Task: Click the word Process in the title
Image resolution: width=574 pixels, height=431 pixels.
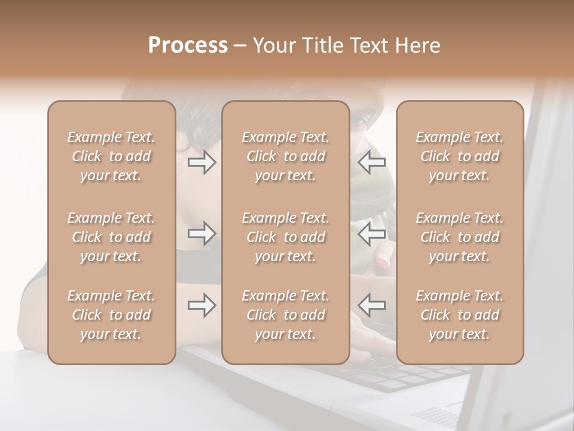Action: [188, 45]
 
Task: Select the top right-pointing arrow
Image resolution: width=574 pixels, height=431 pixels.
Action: [201, 162]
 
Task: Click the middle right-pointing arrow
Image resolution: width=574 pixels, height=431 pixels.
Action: [201, 234]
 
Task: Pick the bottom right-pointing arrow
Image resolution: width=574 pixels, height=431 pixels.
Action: [201, 305]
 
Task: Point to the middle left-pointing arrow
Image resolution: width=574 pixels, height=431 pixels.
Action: [372, 234]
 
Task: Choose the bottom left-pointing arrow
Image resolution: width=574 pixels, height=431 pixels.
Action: [372, 305]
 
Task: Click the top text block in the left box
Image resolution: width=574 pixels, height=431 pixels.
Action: [111, 156]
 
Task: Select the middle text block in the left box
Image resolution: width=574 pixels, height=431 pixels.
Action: [111, 237]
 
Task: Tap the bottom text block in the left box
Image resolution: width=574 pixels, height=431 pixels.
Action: [111, 315]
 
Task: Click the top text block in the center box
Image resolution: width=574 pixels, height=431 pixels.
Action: [286, 156]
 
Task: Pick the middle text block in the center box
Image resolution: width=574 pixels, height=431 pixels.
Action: [286, 237]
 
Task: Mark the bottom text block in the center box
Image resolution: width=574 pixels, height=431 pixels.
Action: [286, 315]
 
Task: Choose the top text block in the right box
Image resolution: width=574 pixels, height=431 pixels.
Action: [460, 156]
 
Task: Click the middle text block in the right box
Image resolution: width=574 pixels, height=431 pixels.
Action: [460, 237]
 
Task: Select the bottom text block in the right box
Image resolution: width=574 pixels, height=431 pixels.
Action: [460, 315]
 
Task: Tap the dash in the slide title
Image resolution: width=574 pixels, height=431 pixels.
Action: [240, 46]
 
